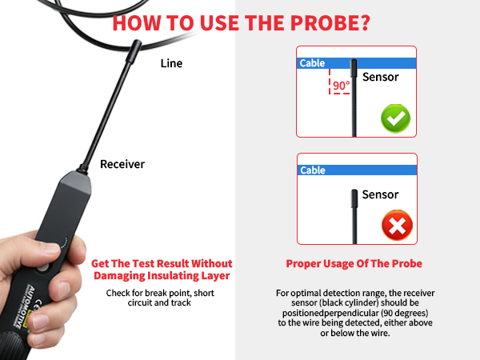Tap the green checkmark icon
(x=395, y=119)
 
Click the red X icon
(x=395, y=227)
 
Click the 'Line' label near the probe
(x=172, y=63)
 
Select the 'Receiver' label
(x=122, y=164)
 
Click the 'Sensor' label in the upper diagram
(x=380, y=78)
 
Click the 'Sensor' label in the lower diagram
(x=380, y=194)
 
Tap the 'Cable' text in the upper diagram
(x=312, y=62)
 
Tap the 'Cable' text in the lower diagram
(x=312, y=170)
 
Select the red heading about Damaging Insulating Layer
(x=162, y=269)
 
